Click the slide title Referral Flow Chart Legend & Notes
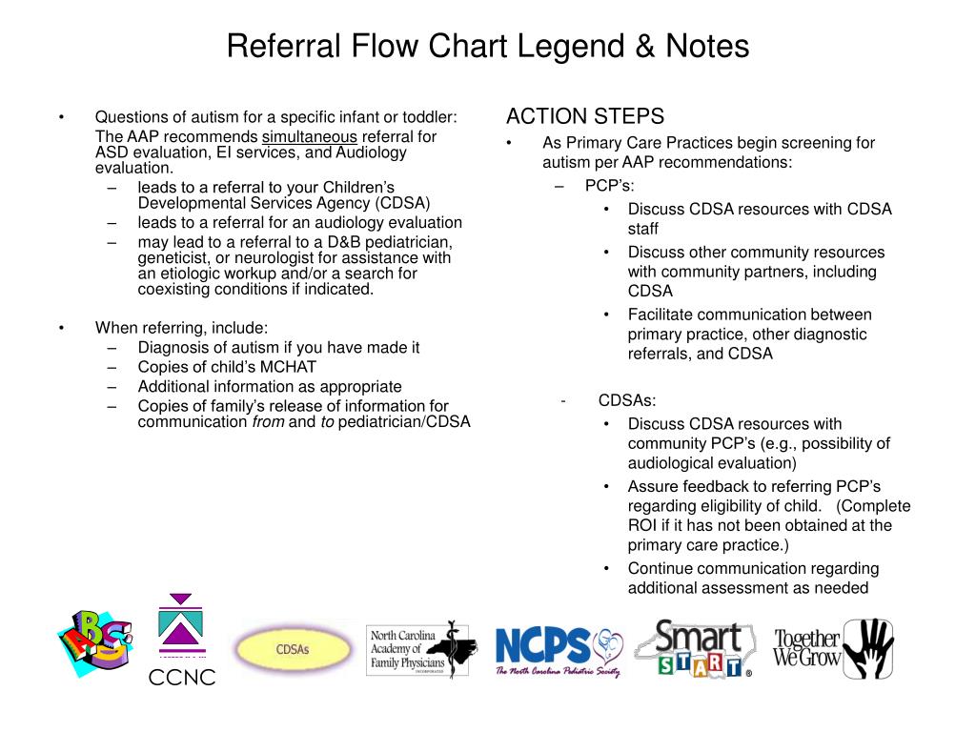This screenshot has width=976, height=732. pos(488,46)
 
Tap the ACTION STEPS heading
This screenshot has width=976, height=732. pos(584,116)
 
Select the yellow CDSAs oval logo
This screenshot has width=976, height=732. pos(293,649)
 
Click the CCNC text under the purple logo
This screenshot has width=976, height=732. pos(181,678)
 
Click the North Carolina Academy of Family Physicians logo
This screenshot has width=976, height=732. pos(417,651)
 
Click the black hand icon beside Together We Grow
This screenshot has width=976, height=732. pos(869,648)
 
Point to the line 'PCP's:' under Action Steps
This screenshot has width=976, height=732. pos(609,185)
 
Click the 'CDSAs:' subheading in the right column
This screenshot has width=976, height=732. pos(627,400)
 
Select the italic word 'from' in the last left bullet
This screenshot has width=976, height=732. pos(267,421)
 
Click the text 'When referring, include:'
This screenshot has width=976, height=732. pos(174,328)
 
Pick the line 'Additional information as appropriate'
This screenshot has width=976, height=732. pos(270,386)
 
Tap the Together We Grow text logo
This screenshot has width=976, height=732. pos(805,649)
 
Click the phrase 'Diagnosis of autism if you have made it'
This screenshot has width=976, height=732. pos(278,347)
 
